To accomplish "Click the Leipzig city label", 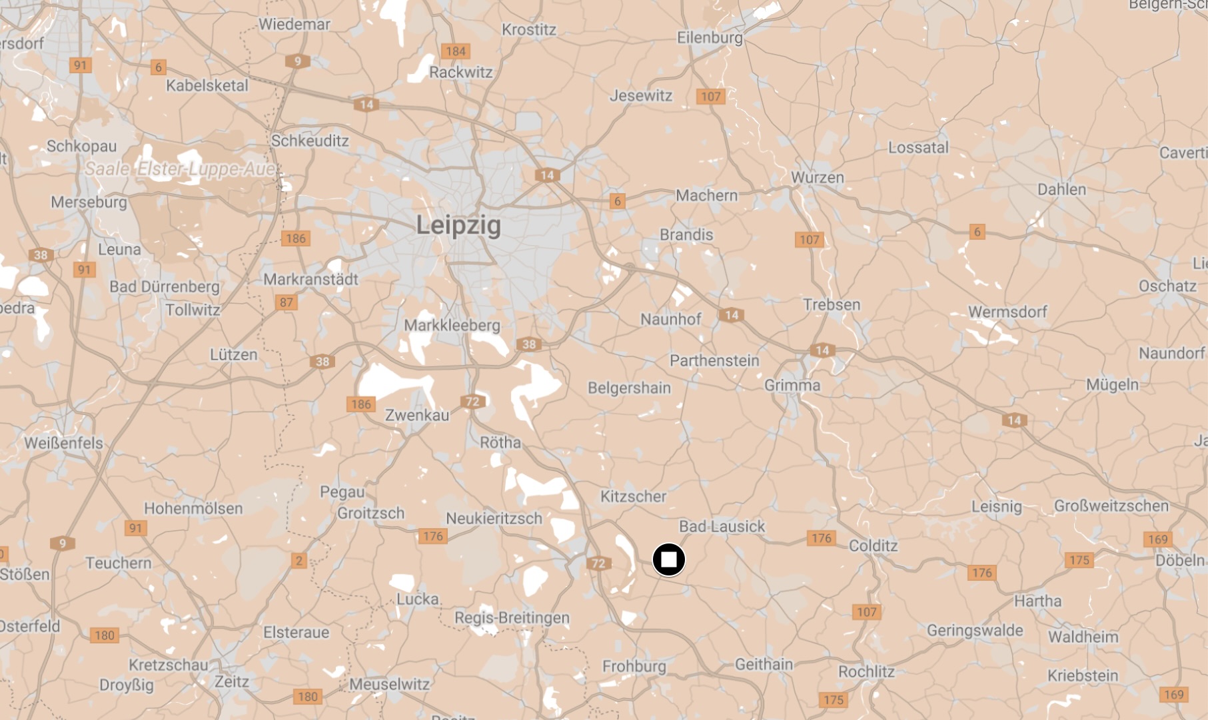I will point(458,225).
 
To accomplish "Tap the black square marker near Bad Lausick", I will point(669,559).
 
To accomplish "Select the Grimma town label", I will point(792,385).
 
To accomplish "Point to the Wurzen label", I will point(818,178).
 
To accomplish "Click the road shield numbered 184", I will point(456,51).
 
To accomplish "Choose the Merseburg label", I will point(89,202).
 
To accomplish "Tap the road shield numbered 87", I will point(287,302).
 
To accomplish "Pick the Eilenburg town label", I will point(710,37).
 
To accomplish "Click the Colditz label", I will point(873,546).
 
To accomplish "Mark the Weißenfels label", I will point(64,443).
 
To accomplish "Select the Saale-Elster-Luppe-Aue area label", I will point(180,169).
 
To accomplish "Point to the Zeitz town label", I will point(232,681).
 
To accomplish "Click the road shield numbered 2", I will point(299,560).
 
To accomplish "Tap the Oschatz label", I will point(1167,286).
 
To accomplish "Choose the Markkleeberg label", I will point(452,325).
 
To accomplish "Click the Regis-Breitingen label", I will point(512,617).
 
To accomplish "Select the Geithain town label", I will point(764,664).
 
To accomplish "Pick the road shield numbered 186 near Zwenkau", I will point(360,404).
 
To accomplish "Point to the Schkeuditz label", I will point(310,141).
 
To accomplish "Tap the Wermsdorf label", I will point(1007,312).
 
